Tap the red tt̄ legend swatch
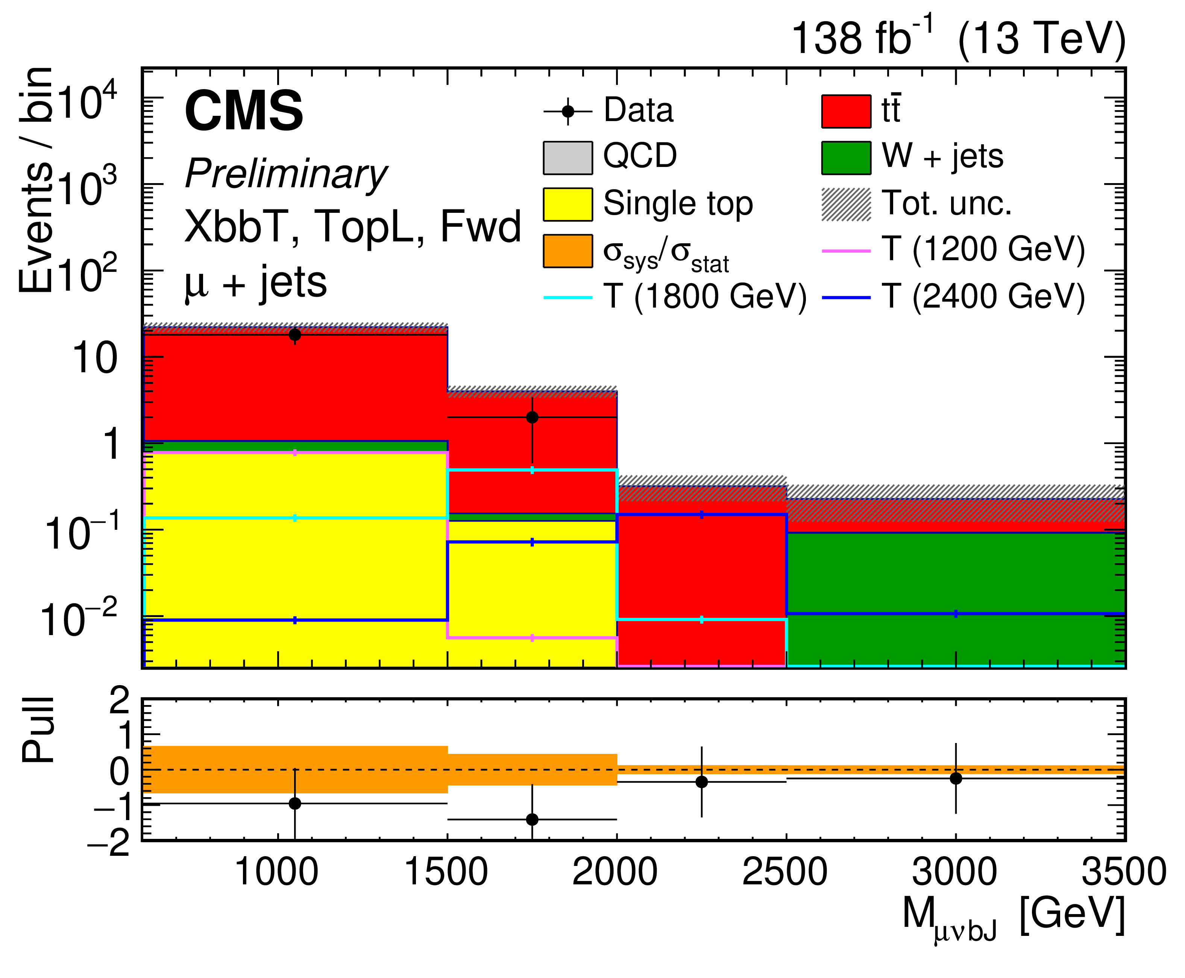(x=845, y=111)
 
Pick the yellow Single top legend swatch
(x=567, y=204)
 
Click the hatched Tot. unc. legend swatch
(x=845, y=204)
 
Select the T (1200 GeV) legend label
(x=983, y=250)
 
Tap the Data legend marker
(x=567, y=111)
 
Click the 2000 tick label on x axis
(x=615, y=872)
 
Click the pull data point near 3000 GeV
(x=956, y=778)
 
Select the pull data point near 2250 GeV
(x=701, y=781)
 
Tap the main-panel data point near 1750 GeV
(x=532, y=417)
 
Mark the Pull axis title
(x=38, y=730)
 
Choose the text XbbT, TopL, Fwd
(x=353, y=226)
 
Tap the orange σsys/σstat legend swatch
(x=567, y=251)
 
